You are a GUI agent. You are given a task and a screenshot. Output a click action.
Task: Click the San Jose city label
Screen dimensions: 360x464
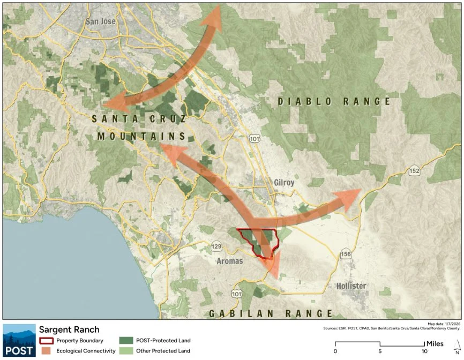click(101, 22)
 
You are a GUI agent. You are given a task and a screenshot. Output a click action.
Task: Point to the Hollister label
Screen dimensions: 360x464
click(351, 286)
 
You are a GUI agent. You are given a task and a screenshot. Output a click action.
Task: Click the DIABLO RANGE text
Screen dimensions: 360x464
click(333, 101)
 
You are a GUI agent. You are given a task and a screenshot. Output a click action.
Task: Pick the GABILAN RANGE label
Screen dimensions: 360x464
click(271, 313)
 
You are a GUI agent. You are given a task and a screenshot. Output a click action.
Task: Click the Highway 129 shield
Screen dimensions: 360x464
click(216, 246)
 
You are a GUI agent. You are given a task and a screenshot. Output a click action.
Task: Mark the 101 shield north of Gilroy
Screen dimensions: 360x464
click(255, 138)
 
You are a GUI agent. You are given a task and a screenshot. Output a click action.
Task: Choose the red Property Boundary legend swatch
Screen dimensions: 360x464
click(46, 341)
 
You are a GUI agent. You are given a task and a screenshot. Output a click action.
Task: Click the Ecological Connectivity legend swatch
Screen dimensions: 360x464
click(46, 351)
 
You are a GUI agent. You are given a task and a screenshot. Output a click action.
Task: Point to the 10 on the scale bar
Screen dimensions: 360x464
click(424, 351)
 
